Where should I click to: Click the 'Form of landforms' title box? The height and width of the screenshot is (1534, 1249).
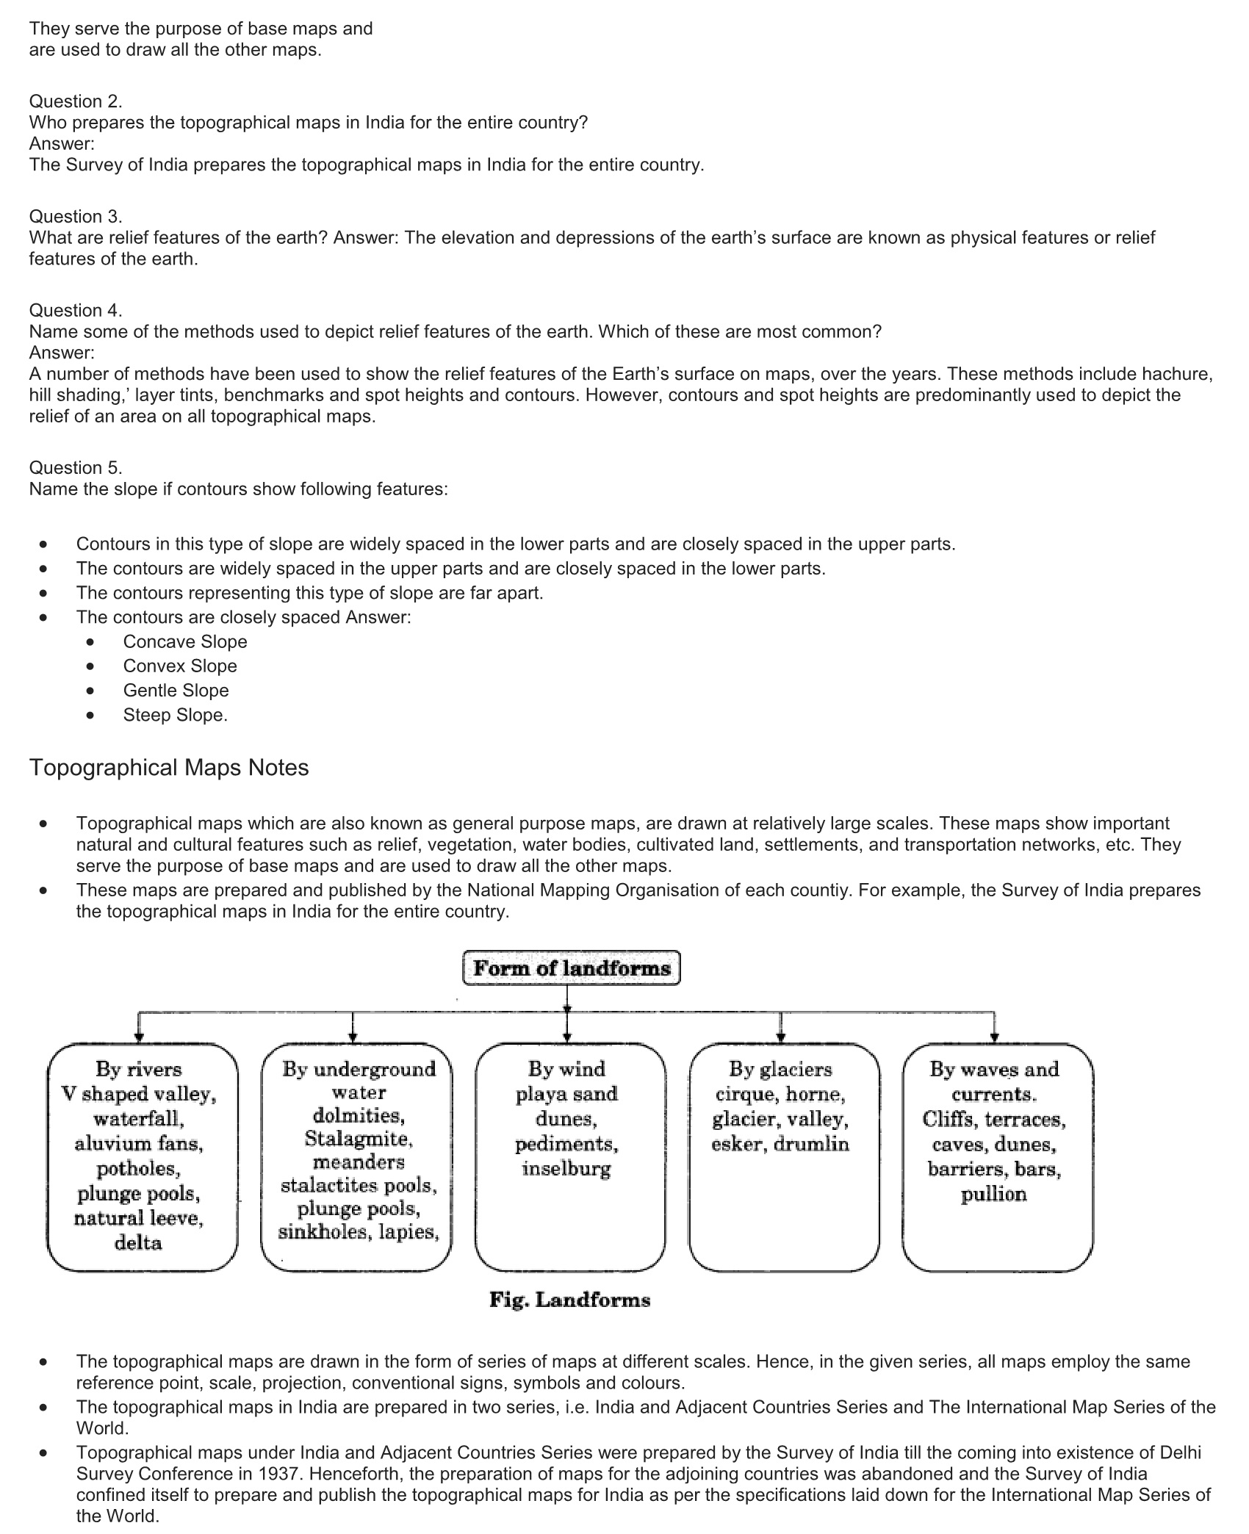571,968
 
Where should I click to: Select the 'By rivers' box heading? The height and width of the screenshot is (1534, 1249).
138,1069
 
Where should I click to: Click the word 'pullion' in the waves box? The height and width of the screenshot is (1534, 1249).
993,1194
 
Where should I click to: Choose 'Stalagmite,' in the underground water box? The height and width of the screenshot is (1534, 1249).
359,1139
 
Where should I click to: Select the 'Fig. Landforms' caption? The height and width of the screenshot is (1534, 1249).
569,1300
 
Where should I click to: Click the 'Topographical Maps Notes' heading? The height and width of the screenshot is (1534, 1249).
169,768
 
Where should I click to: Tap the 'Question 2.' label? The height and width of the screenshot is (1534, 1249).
76,101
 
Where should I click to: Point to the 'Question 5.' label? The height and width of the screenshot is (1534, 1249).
76,467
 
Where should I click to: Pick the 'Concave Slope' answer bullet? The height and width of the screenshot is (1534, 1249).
185,641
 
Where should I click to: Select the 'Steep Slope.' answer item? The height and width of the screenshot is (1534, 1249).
176,715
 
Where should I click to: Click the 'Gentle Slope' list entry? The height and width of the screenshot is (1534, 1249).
176,691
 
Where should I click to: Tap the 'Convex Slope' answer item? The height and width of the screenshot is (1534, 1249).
180,666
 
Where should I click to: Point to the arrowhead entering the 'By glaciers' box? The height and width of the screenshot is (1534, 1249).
780,1037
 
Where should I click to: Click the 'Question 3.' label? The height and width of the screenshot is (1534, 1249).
76,216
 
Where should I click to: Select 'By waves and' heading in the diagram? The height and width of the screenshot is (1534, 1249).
994,1069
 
